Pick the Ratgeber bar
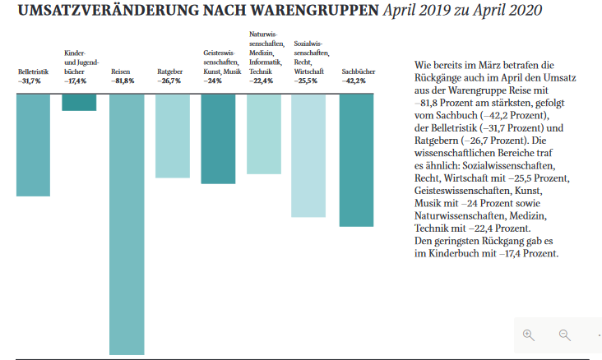173,136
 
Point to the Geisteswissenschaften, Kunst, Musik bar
218,139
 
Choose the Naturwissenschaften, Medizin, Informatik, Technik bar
264,134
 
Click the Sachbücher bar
357,160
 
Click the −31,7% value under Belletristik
30,81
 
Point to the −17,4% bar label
75,81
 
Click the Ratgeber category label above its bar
169,72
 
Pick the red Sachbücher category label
359,72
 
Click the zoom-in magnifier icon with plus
529,335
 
